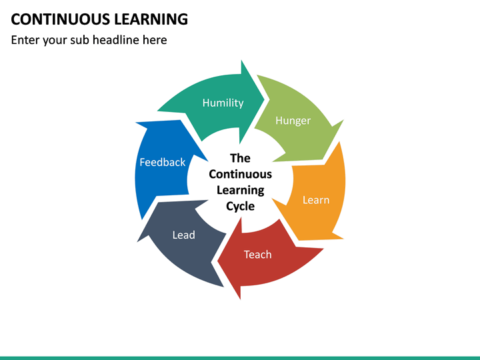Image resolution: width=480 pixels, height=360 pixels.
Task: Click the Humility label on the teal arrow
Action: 223,103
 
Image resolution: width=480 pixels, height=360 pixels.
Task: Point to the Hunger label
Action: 293,121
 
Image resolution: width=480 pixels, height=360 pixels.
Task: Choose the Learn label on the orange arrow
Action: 315,199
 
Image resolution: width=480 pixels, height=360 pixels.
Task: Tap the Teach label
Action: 257,254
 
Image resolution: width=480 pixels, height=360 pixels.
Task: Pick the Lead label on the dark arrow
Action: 183,235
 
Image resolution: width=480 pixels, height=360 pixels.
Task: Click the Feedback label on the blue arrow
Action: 162,162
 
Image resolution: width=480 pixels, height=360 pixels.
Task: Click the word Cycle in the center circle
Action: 240,206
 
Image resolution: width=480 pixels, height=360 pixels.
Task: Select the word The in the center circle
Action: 240,158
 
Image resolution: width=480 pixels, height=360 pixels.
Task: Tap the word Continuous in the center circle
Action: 240,174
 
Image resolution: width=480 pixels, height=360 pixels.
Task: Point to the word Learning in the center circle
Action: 240,190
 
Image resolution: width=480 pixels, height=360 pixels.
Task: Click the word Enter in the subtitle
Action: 26,40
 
